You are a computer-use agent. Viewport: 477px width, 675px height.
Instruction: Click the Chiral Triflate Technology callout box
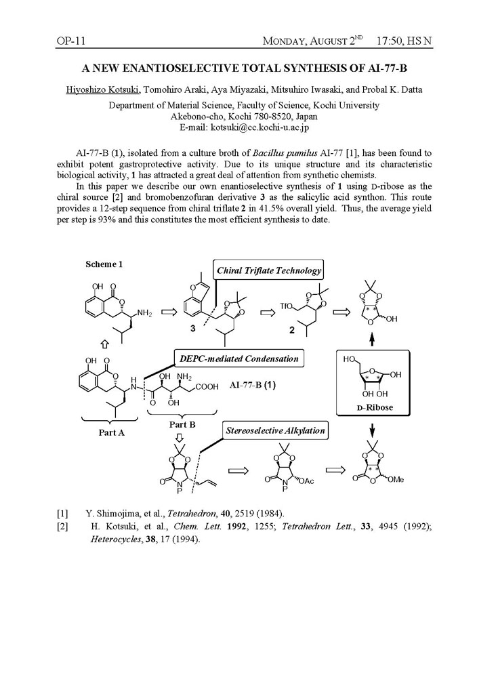(x=269, y=270)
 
